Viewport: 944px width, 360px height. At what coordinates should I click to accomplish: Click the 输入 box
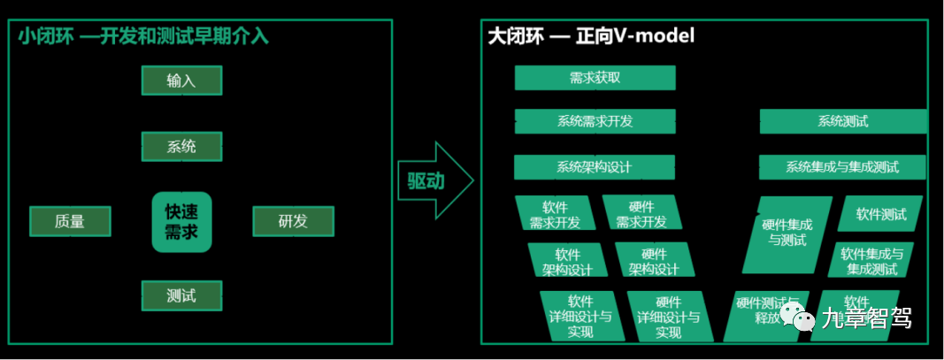click(x=181, y=80)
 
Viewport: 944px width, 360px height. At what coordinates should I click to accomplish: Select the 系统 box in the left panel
click(x=181, y=146)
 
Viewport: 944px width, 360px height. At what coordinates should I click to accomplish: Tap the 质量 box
click(x=70, y=221)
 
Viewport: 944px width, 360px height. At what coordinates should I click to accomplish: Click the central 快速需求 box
click(x=181, y=222)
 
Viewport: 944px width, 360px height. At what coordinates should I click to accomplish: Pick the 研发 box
click(x=293, y=221)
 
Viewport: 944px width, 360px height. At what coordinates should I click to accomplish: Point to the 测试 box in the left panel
click(x=181, y=295)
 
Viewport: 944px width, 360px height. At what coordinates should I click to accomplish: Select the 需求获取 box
click(x=595, y=78)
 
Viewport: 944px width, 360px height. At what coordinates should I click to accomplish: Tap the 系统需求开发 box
click(x=595, y=121)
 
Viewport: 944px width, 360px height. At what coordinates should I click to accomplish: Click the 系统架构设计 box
click(x=594, y=166)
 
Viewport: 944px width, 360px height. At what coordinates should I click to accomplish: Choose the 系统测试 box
click(x=842, y=121)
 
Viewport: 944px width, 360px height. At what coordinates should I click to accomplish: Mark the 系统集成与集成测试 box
click(x=841, y=166)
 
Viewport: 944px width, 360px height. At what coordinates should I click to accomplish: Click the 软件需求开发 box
click(x=556, y=214)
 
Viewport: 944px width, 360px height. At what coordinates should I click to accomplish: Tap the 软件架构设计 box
click(x=568, y=261)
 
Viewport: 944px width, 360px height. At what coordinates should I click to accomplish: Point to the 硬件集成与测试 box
click(x=787, y=233)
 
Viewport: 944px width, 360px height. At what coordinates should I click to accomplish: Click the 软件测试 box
click(x=880, y=214)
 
